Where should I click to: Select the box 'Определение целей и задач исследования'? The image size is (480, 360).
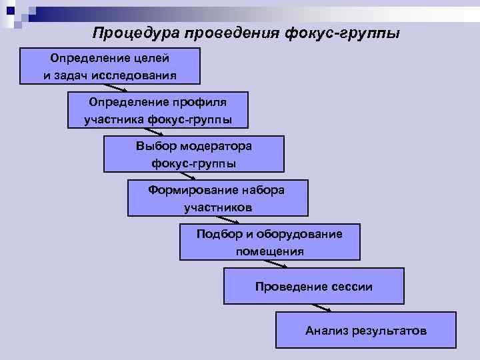click(110, 66)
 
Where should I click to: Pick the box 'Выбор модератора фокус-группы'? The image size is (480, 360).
click(193, 154)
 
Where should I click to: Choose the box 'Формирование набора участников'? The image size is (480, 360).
click(217, 198)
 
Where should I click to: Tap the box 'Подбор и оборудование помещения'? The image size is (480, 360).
click(269, 242)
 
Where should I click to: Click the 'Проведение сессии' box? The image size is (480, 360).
click(313, 286)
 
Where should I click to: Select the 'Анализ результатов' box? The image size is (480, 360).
click(366, 330)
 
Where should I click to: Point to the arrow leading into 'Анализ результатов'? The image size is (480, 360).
click(322, 307)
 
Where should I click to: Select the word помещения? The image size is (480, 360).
click(269, 251)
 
